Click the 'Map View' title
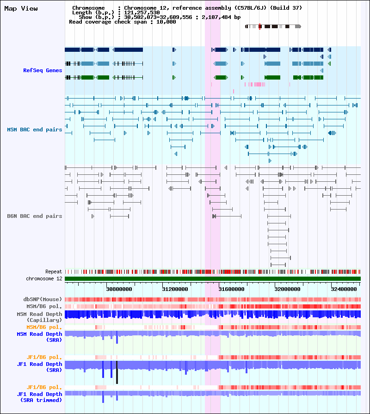[21, 9]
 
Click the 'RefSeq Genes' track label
[43, 70]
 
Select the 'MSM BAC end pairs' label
[35, 130]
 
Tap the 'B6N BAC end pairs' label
[35, 216]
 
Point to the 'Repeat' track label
[54, 272]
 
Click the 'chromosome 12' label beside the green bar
[44, 279]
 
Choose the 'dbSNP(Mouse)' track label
[43, 299]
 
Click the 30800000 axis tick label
[119, 290]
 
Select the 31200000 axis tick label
[175, 290]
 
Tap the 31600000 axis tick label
[231, 290]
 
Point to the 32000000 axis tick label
[287, 290]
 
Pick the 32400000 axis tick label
[344, 290]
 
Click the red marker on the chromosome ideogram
[259, 26]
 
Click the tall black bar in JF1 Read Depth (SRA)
[117, 372]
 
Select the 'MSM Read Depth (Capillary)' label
[39, 317]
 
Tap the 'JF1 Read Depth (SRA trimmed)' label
[40, 397]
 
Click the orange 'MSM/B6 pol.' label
[44, 327]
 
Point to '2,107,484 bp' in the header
[221, 18]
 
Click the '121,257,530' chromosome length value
[142, 12]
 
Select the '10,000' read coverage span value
[166, 22]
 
